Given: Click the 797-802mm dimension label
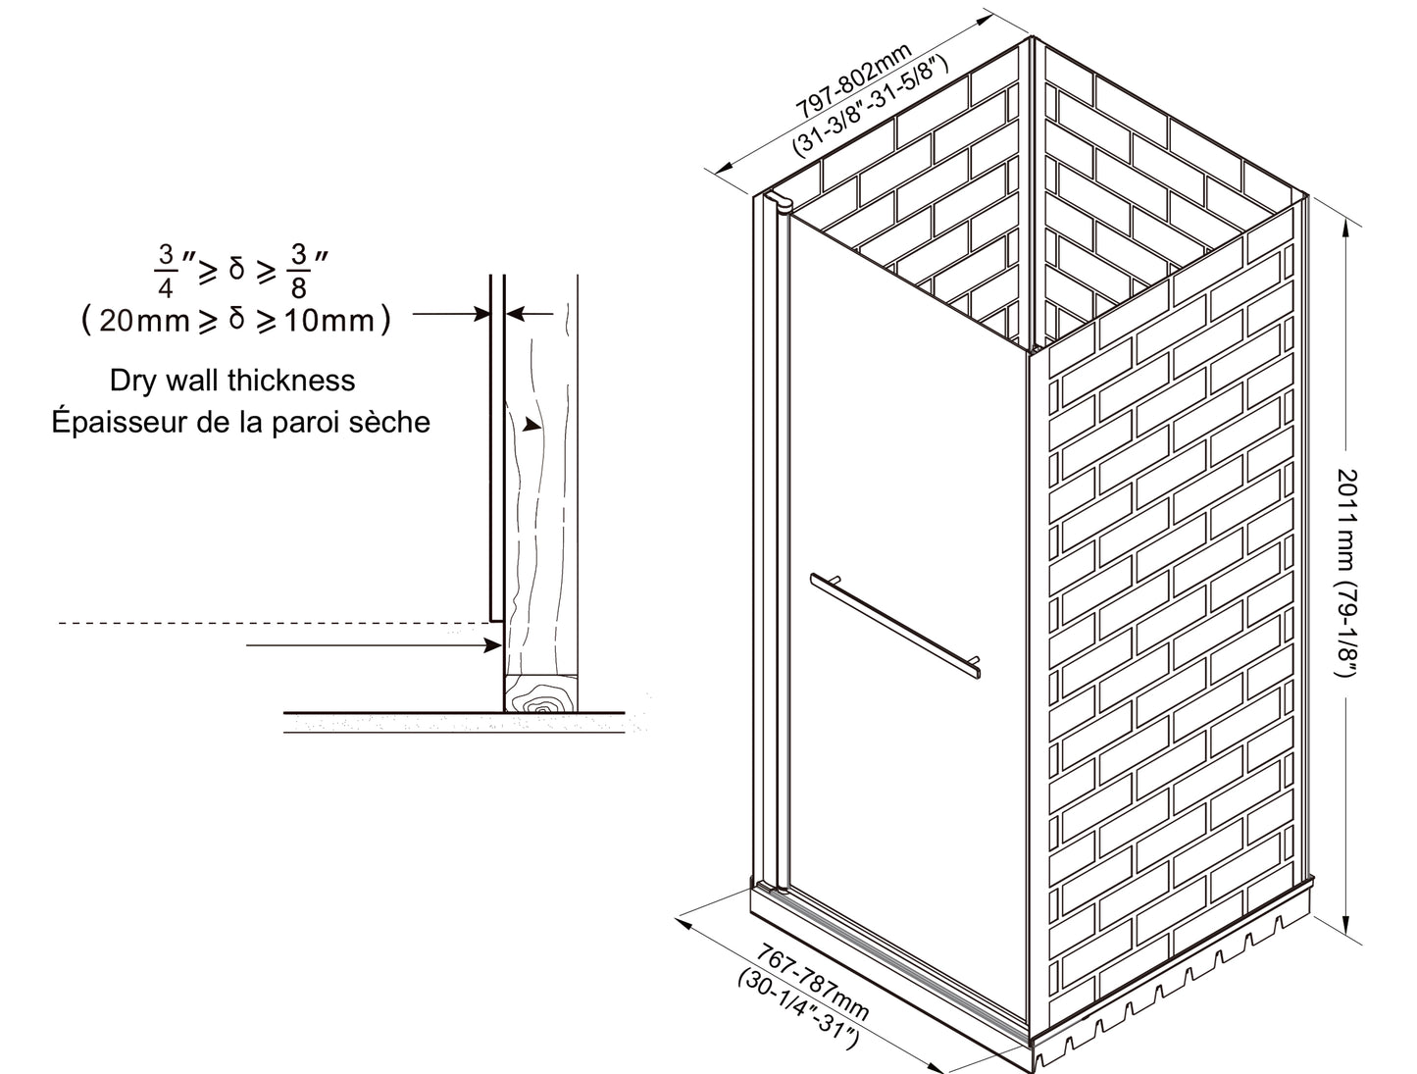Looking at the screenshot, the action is pyautogui.click(x=853, y=82).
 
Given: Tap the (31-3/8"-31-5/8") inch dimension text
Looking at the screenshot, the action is pyautogui.click(x=870, y=107).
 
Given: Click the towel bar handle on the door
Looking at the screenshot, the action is pyautogui.click(x=895, y=626).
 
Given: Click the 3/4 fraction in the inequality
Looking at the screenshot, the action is pyautogui.click(x=166, y=271).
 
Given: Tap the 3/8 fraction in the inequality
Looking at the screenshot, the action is pyautogui.click(x=298, y=271).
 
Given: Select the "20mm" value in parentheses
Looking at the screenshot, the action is pyautogui.click(x=144, y=321).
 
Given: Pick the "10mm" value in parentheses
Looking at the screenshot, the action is pyautogui.click(x=329, y=321).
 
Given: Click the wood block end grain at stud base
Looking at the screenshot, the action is pyautogui.click(x=540, y=693).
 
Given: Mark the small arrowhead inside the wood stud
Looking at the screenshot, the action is pyautogui.click(x=531, y=424).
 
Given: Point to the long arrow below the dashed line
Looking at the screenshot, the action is pyautogui.click(x=374, y=644).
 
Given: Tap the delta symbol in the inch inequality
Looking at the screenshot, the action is pyautogui.click(x=237, y=268).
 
